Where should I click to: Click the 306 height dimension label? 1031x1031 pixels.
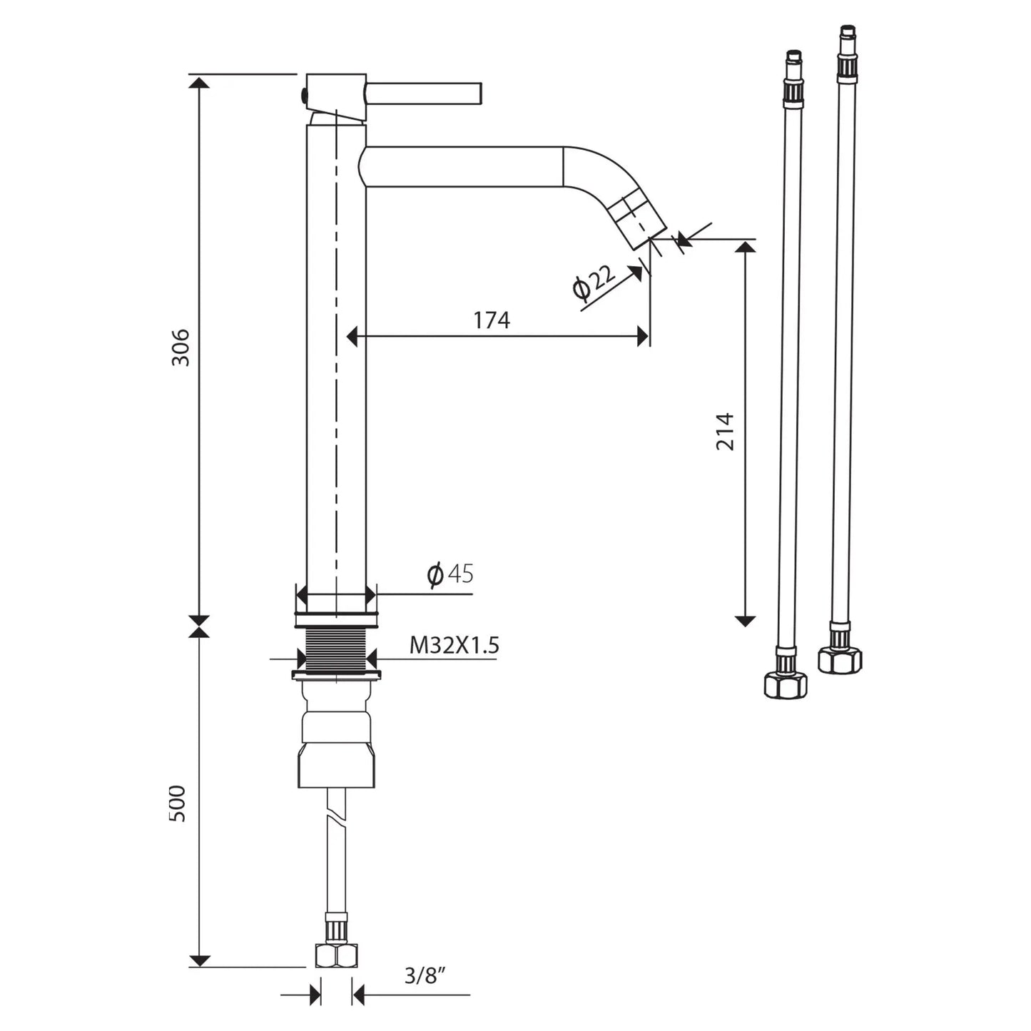pyautogui.click(x=181, y=347)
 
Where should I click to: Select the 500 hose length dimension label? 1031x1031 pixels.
pyautogui.click(x=177, y=803)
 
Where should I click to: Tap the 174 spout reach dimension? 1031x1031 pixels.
pyautogui.click(x=492, y=320)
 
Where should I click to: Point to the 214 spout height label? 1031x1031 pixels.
pyautogui.click(x=725, y=431)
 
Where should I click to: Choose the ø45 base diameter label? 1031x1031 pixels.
pyautogui.click(x=450, y=574)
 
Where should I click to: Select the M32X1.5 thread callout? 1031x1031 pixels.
pyautogui.click(x=454, y=646)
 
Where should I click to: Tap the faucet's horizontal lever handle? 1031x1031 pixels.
pyautogui.click(x=424, y=93)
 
